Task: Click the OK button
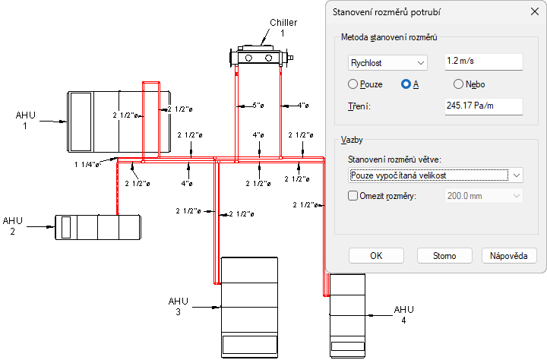tap(376, 256)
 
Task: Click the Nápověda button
tap(508, 256)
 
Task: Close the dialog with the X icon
tap(534, 11)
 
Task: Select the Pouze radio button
tap(353, 84)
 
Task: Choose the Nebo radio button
tap(458, 84)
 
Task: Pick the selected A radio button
tap(406, 84)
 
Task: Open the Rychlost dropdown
tap(387, 63)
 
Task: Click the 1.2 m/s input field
tap(483, 62)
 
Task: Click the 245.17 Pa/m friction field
tap(483, 106)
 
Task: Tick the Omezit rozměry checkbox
tap(353, 196)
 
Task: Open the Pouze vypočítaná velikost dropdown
tap(435, 175)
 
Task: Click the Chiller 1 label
tap(283, 27)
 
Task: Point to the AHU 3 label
tap(178, 306)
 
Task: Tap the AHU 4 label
tap(403, 314)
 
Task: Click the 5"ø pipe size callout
tap(258, 106)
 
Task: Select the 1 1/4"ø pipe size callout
tap(87, 164)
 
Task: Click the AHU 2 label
tap(13, 226)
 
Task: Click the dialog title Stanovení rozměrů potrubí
tap(386, 12)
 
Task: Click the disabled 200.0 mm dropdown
tap(483, 196)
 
